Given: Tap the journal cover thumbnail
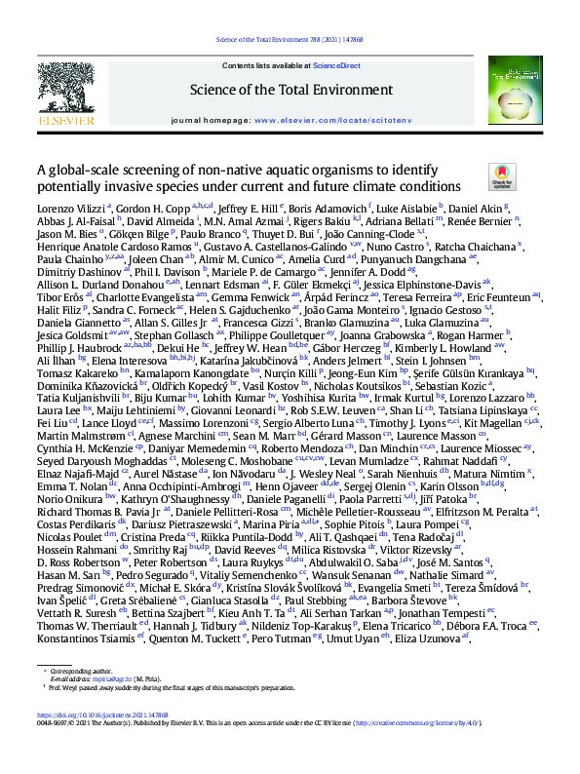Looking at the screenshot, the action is pyautogui.click(x=515, y=93).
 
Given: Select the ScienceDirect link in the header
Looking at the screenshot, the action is pyautogui.click(x=336, y=65).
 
